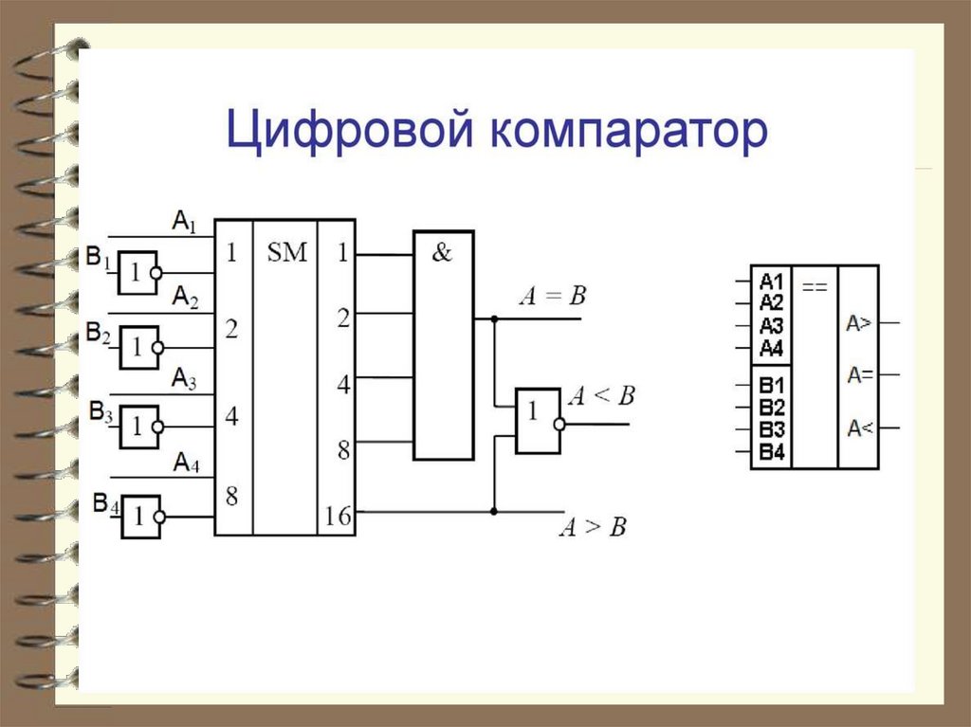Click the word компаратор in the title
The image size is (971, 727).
coord(627,134)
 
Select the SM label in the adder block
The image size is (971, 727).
coord(285,253)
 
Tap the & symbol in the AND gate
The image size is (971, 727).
coord(442,254)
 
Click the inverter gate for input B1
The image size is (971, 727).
coord(137,272)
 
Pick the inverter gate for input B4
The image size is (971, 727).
coord(139,517)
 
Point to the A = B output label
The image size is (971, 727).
coord(552,297)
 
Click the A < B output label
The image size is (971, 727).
coord(599,396)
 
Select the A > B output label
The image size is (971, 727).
coord(593,528)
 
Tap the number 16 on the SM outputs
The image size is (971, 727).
coord(337,517)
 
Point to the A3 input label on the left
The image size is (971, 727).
coord(184,380)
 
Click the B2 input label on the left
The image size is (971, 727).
coord(100,334)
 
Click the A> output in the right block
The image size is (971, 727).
coord(859,324)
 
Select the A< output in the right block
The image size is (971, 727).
coord(859,427)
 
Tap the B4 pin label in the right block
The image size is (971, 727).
coord(771,452)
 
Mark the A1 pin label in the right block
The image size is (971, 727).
coord(771,282)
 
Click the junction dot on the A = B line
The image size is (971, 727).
coord(494,319)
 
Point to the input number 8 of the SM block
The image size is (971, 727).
coord(230,496)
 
